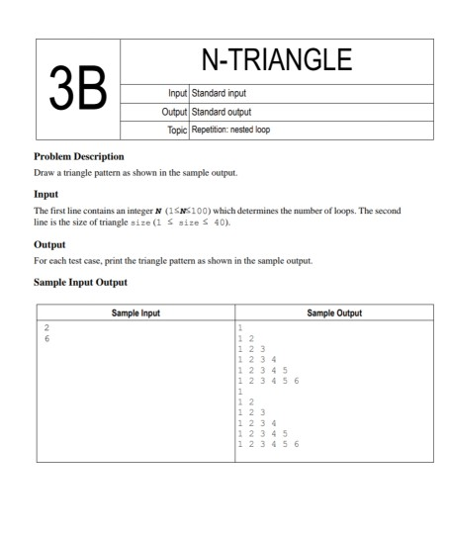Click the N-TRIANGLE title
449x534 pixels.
pyautogui.click(x=276, y=61)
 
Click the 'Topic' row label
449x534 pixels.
pyautogui.click(x=175, y=130)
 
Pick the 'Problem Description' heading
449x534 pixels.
pyautogui.click(x=79, y=156)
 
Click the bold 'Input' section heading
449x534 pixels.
pyautogui.click(x=46, y=194)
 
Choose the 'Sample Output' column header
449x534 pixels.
pyautogui.click(x=334, y=312)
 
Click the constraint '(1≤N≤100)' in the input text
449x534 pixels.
pyautogui.click(x=192, y=212)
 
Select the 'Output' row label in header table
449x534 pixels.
pyautogui.click(x=172, y=113)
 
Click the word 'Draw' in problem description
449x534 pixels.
pyautogui.click(x=45, y=173)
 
